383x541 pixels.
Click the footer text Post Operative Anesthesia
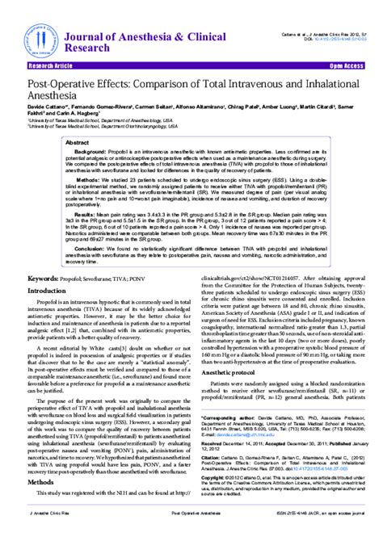191,535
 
